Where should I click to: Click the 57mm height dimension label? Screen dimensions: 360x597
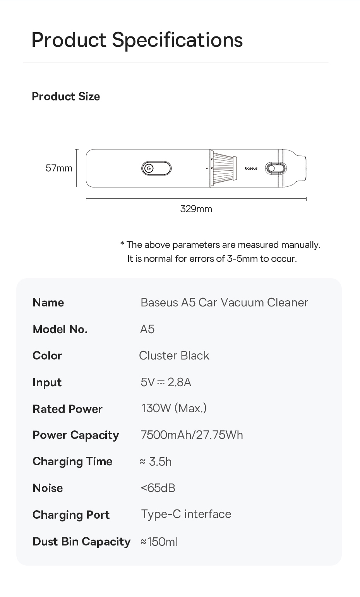tap(59, 168)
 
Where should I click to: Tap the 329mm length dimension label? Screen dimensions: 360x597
tap(196, 209)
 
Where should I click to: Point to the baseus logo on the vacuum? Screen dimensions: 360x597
tap(251, 169)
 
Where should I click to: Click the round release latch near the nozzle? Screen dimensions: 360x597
tap(272, 168)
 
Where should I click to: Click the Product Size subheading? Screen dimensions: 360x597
tap(66, 96)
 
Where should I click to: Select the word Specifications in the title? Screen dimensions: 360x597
tap(177, 40)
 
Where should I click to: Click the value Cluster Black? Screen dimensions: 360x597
tap(174, 356)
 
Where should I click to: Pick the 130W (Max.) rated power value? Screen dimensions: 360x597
tap(174, 408)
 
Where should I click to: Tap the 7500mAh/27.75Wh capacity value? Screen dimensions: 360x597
tap(192, 435)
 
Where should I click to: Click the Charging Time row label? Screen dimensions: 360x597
tap(72, 461)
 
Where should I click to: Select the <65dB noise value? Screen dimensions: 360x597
tap(158, 488)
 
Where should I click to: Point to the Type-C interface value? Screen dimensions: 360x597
tap(186, 514)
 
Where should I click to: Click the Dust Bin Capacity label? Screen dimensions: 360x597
tap(81, 542)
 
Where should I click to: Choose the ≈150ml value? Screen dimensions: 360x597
tap(159, 542)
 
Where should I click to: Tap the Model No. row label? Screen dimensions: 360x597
tap(60, 329)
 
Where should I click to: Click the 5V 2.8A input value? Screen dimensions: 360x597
tap(166, 382)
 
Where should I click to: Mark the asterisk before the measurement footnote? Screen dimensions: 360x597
tap(122, 244)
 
